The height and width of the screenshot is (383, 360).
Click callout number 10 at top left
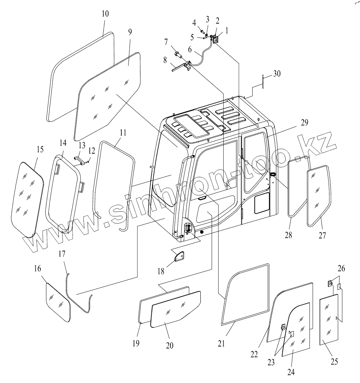105,14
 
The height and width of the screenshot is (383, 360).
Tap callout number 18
161,271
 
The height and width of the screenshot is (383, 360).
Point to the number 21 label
222,344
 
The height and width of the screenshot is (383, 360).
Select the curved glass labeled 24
297,331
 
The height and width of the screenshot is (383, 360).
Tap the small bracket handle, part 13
79,159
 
